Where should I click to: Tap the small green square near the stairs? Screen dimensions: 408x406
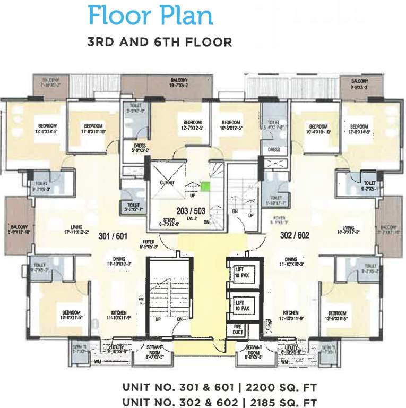tap(204, 186)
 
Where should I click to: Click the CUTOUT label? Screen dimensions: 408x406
tap(167, 182)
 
